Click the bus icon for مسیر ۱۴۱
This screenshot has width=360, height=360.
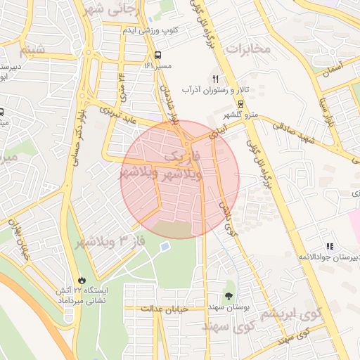[157, 54]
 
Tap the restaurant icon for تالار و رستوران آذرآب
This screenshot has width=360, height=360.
[216, 78]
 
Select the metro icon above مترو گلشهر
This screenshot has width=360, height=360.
[241, 103]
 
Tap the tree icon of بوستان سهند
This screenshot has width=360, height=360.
[229, 296]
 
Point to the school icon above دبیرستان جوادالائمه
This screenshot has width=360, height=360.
[328, 247]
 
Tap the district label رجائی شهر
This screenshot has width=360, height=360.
[116, 9]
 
